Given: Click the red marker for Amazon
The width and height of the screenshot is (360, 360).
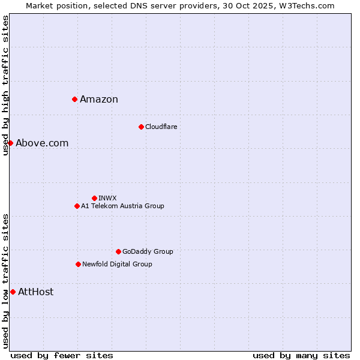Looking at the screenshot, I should [74, 99].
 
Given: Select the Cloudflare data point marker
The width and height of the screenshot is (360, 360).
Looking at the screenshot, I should [141, 127].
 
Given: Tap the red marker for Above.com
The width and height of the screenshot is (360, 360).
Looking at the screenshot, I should [10, 143].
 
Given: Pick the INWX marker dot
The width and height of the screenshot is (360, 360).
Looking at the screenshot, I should [94, 198].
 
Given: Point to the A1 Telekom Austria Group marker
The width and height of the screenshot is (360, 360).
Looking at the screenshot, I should [77, 206].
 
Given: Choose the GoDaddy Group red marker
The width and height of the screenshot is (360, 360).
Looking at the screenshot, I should [118, 251].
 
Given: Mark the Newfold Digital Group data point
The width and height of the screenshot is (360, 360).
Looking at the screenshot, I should [78, 264].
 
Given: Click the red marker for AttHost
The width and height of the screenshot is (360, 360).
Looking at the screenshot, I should [13, 292].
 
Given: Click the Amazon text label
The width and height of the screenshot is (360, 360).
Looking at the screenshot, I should [99, 100].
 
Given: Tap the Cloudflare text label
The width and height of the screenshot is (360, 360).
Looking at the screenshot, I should [161, 127].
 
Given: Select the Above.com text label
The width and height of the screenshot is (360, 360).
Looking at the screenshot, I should [42, 143].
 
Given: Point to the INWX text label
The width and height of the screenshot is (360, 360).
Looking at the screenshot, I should [107, 198].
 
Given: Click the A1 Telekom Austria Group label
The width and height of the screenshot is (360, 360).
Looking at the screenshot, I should [122, 206].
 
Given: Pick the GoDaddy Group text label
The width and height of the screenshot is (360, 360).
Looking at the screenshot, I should [148, 251].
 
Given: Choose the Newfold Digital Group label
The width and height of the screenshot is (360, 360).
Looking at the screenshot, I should [117, 264].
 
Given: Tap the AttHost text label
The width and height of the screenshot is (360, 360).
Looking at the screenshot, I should [35, 292].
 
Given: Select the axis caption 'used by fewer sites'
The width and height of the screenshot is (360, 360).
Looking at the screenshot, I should [62, 355].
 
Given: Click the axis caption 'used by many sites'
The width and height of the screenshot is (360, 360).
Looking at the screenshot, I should [301, 355].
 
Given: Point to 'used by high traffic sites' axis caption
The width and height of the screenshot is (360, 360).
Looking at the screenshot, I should [5, 85].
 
